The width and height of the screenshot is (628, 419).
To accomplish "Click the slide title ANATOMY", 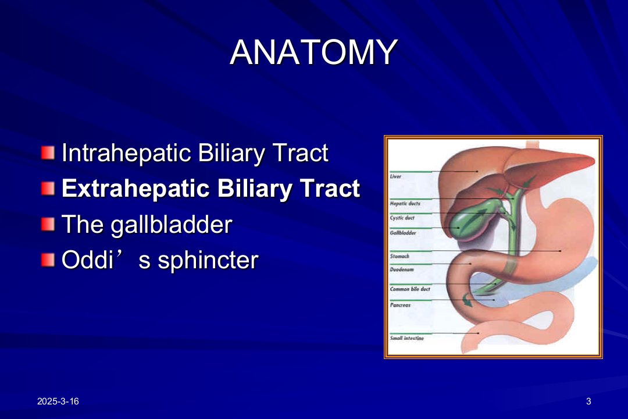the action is click(x=313, y=52).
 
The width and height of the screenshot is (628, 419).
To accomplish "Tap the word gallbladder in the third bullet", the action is click(x=172, y=224).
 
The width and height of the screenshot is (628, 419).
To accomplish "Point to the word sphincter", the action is click(x=208, y=260).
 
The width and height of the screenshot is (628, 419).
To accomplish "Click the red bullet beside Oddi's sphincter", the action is click(x=48, y=260).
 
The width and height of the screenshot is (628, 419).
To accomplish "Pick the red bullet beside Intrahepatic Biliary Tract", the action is click(x=48, y=153).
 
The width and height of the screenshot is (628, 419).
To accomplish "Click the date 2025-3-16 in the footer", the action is click(x=58, y=402).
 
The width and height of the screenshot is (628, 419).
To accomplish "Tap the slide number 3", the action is click(x=588, y=402).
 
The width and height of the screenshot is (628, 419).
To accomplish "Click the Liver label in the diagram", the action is click(x=395, y=176).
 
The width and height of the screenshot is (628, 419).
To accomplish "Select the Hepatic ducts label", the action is click(x=405, y=204).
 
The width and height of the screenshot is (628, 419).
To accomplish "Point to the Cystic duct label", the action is click(x=402, y=218).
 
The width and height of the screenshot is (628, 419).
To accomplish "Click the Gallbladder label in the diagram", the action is click(x=403, y=233).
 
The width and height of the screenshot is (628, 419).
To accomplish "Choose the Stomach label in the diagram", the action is click(x=399, y=256).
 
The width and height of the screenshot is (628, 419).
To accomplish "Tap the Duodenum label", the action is click(x=402, y=269).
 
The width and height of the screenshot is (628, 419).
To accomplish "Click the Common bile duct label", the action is click(x=410, y=289).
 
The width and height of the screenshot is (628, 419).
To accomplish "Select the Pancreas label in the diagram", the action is click(x=400, y=305).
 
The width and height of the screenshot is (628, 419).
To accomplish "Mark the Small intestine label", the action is click(x=406, y=339).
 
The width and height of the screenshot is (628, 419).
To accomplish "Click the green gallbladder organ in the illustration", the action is click(x=473, y=220).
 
